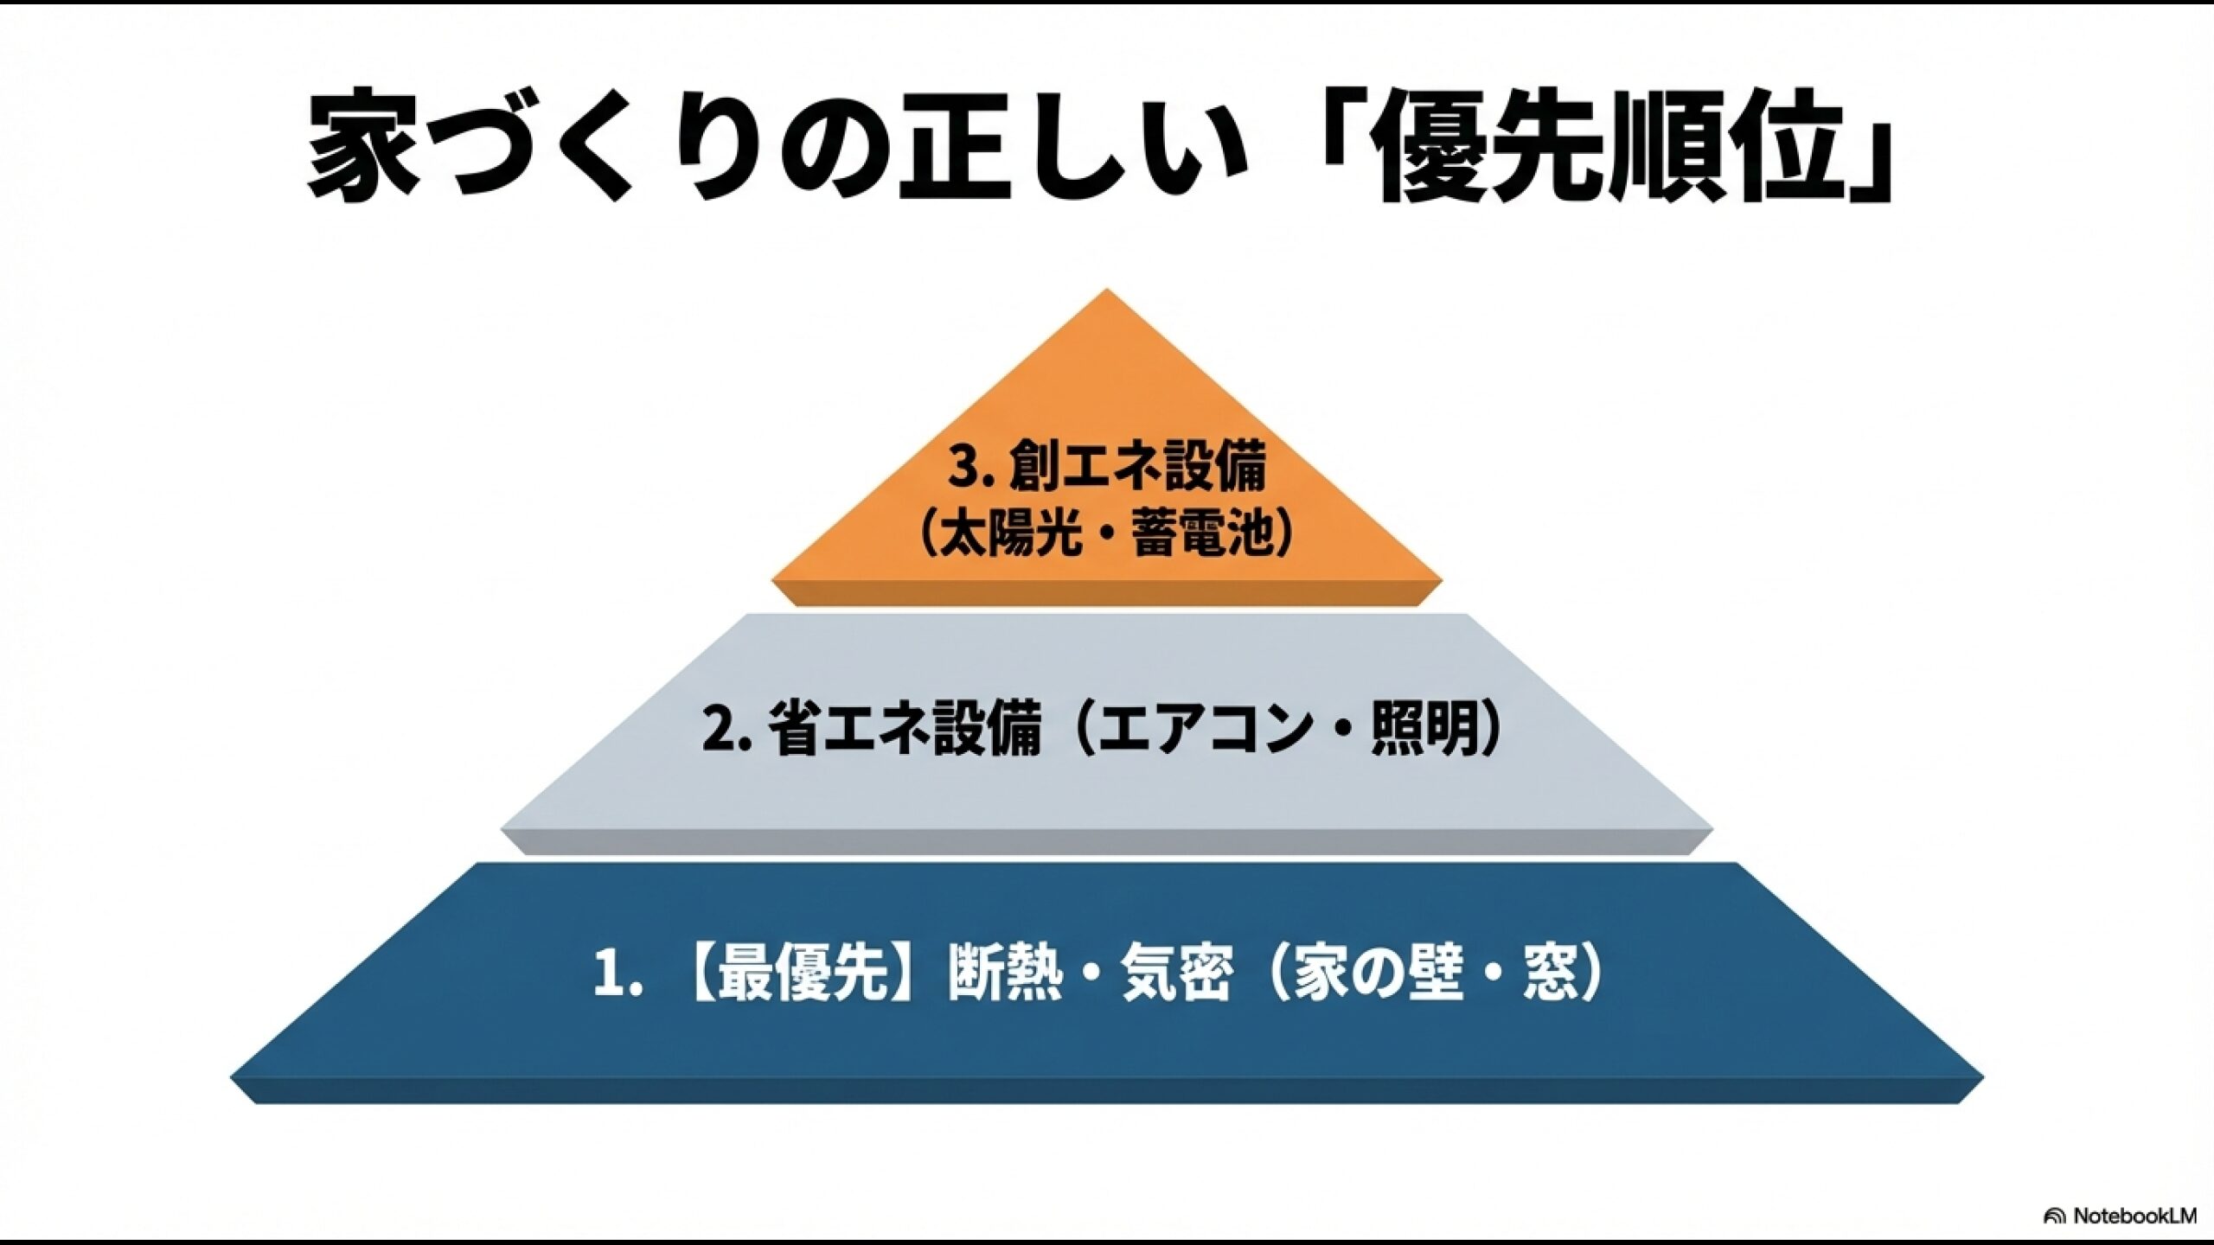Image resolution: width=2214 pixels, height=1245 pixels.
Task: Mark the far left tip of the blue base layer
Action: coord(230,1078)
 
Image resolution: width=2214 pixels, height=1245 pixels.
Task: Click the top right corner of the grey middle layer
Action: coord(1467,614)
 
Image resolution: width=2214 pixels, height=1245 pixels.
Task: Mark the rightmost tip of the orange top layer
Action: coord(1443,578)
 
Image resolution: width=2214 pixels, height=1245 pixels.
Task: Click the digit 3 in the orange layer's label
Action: coord(962,468)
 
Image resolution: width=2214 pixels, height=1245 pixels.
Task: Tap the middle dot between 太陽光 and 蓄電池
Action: coord(1106,533)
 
